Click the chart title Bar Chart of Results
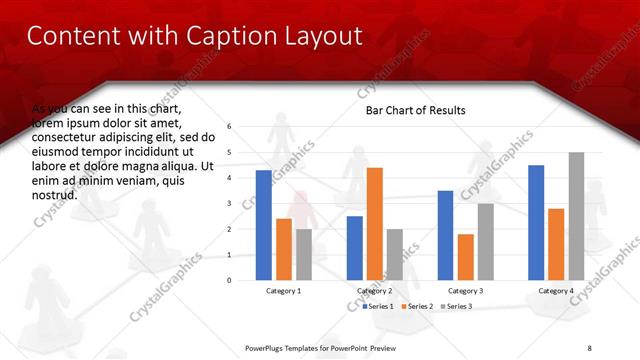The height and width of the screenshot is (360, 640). pos(415,110)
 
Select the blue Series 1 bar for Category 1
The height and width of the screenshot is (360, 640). pos(263,225)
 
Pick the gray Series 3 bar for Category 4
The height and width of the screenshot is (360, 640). pos(576,216)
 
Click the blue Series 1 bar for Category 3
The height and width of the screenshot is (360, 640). pos(445,235)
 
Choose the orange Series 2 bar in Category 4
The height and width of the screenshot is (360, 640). pos(556,244)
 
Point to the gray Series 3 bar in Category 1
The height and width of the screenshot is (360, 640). pos(303,254)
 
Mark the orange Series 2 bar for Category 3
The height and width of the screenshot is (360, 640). pos(465,257)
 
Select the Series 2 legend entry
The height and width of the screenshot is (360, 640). pos(419,306)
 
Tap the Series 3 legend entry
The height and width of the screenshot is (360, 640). pos(457,306)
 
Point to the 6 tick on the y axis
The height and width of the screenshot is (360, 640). pos(229,127)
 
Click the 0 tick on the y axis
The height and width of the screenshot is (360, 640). pos(229,280)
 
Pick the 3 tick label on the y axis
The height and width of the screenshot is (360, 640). pos(229,204)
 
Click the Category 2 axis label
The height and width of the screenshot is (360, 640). pos(374,291)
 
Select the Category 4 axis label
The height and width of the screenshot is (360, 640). pos(556,291)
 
